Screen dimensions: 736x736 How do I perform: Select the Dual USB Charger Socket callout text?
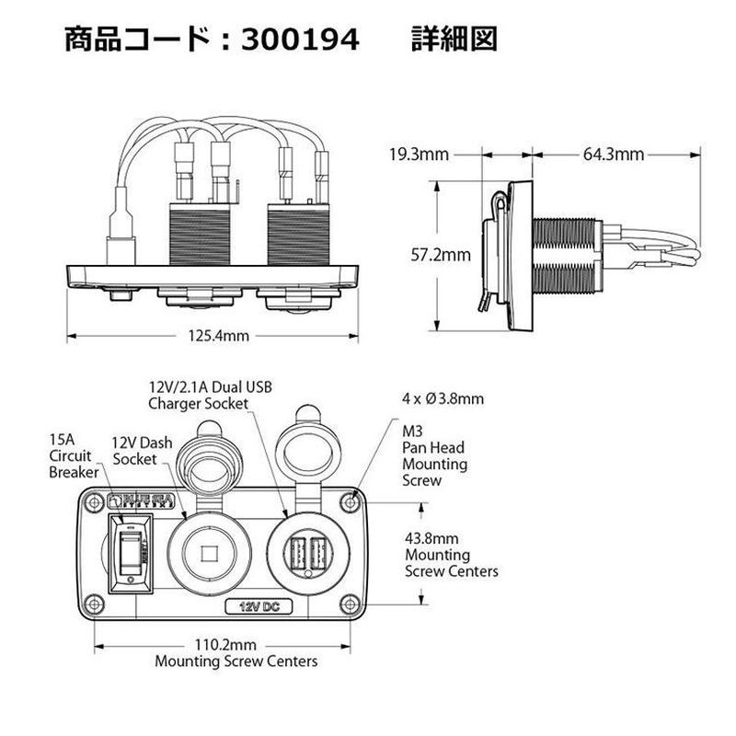coord(210,395)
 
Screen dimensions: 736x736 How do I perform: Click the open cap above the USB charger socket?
coord(305,452)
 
